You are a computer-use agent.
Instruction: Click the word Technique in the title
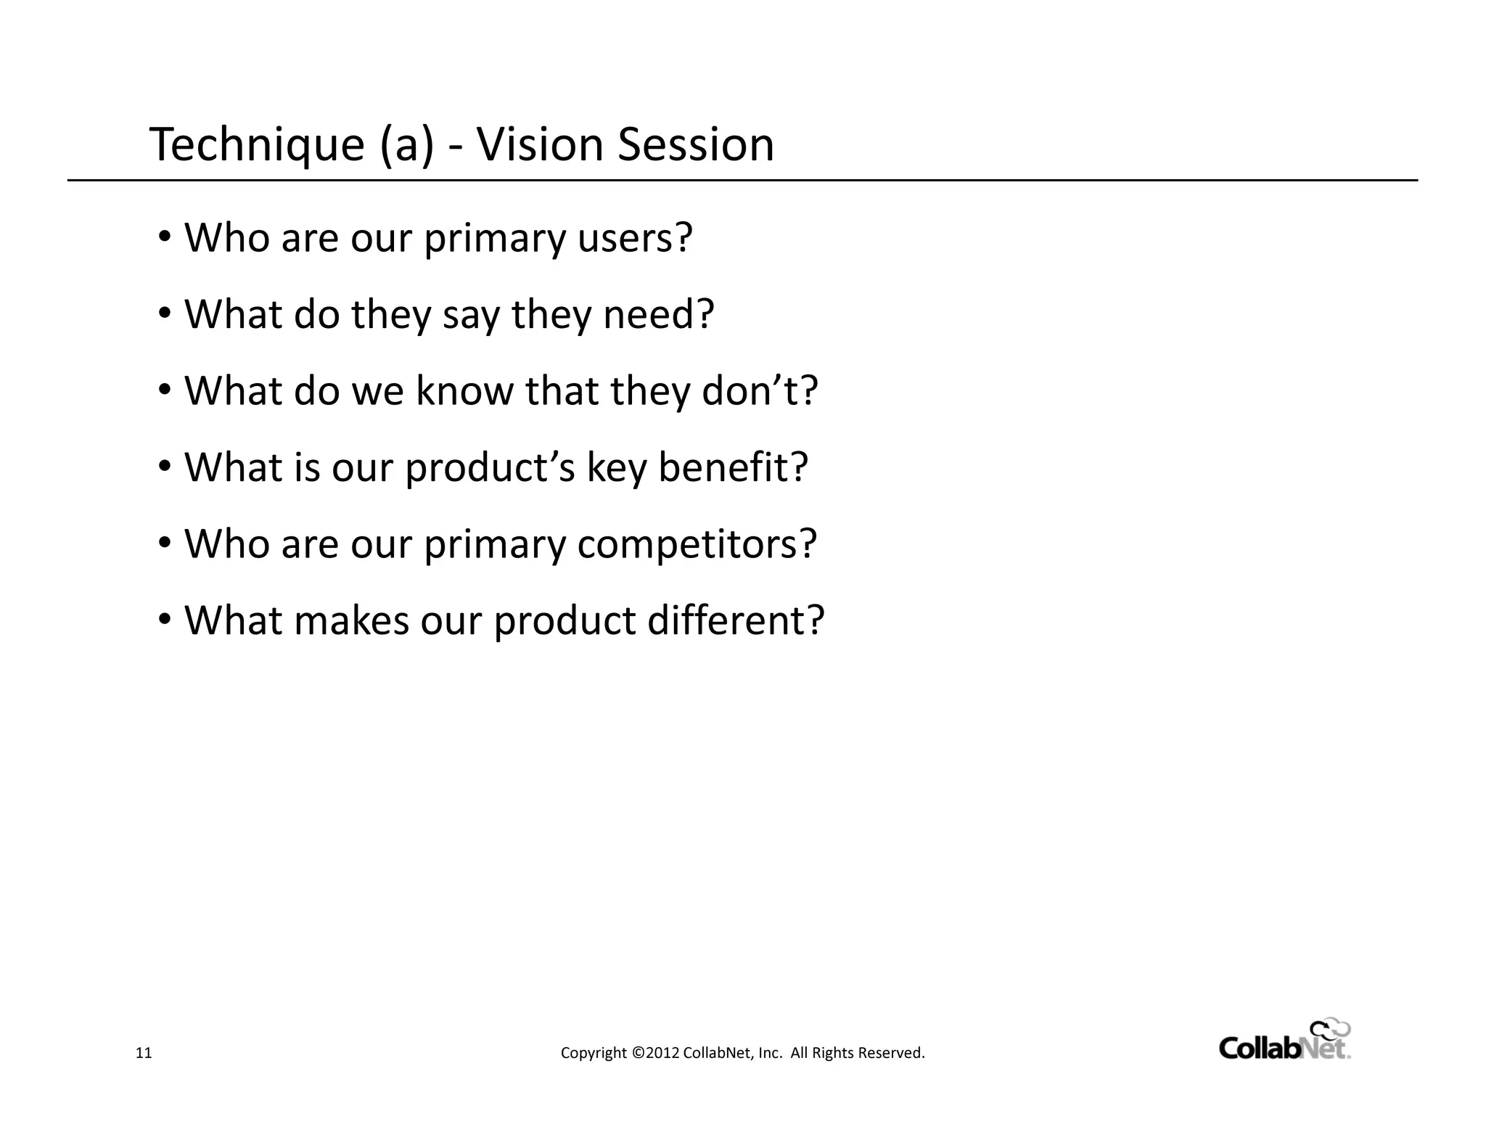[x=257, y=145]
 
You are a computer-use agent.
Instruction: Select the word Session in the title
[x=696, y=144]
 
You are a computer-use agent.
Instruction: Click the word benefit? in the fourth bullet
[x=733, y=467]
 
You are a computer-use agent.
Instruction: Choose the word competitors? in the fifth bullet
[x=697, y=544]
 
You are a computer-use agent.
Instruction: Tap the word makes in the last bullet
[x=351, y=621]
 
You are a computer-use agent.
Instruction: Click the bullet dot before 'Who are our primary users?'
[x=165, y=237]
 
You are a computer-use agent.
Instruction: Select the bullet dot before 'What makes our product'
[x=165, y=620]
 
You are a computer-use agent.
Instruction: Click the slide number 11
[x=144, y=1053]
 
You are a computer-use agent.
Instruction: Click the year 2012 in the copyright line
[x=662, y=1053]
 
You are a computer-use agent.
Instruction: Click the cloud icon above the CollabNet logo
[x=1329, y=1030]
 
